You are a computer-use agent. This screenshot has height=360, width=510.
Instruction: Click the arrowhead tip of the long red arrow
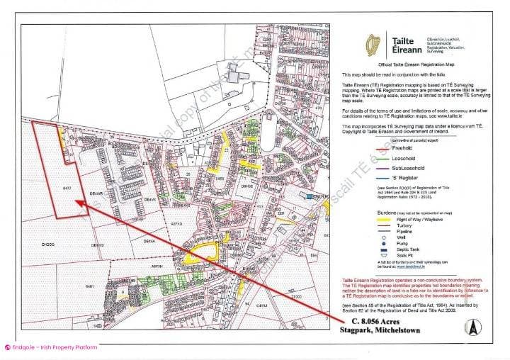(76, 203)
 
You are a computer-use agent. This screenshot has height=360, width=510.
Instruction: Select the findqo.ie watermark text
(53, 347)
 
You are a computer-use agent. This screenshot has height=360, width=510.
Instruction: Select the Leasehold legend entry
(404, 159)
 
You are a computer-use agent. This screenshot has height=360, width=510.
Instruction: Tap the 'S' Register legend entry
(406, 179)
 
